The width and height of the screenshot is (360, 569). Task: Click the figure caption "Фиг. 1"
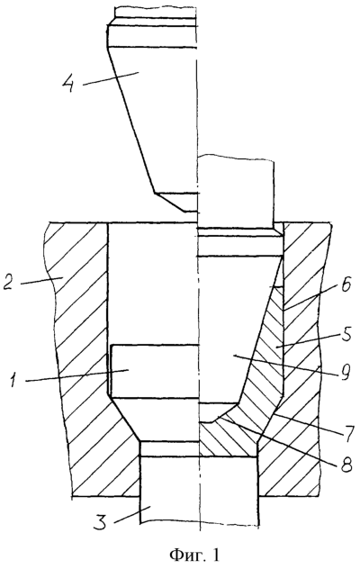pyautogui.click(x=194, y=555)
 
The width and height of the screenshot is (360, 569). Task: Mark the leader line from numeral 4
pyautogui.click(x=111, y=78)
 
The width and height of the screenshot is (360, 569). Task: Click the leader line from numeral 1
pyautogui.click(x=77, y=375)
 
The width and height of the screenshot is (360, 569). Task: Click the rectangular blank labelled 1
pyautogui.click(x=154, y=371)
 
